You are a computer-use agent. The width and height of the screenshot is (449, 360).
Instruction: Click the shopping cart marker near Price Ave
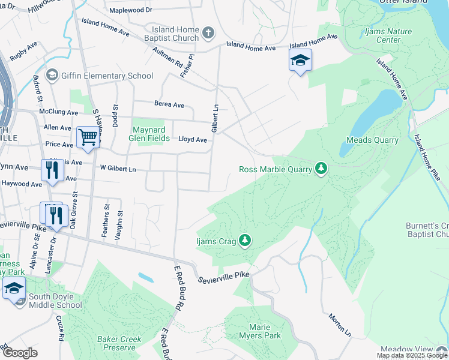[x=88, y=137]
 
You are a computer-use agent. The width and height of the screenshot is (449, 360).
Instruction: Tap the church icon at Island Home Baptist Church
[x=208, y=32]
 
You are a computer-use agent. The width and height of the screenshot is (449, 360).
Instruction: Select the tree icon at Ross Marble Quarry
[x=322, y=169]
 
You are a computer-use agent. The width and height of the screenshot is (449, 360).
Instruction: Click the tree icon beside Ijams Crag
[x=244, y=241]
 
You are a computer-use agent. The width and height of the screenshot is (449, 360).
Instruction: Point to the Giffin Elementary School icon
[x=52, y=76]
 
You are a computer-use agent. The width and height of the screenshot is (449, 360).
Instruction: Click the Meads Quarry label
[x=372, y=140]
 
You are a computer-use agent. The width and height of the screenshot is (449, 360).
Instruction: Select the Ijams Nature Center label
[x=380, y=35]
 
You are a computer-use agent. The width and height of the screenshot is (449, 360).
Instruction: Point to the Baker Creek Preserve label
[x=119, y=343]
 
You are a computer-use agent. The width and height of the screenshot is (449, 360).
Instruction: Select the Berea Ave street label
[x=169, y=104]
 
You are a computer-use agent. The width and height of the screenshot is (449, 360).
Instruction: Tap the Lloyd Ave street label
[x=192, y=140]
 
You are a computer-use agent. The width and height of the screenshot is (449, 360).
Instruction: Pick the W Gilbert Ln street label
[x=118, y=169]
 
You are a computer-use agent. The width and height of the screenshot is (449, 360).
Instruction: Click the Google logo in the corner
[x=20, y=353]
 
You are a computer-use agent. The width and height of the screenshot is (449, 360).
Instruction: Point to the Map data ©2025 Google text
[x=412, y=355]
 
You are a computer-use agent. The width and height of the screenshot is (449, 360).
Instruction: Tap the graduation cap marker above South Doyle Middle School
[x=14, y=288]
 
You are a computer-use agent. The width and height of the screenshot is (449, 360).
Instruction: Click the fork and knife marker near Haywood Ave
[x=52, y=170]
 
